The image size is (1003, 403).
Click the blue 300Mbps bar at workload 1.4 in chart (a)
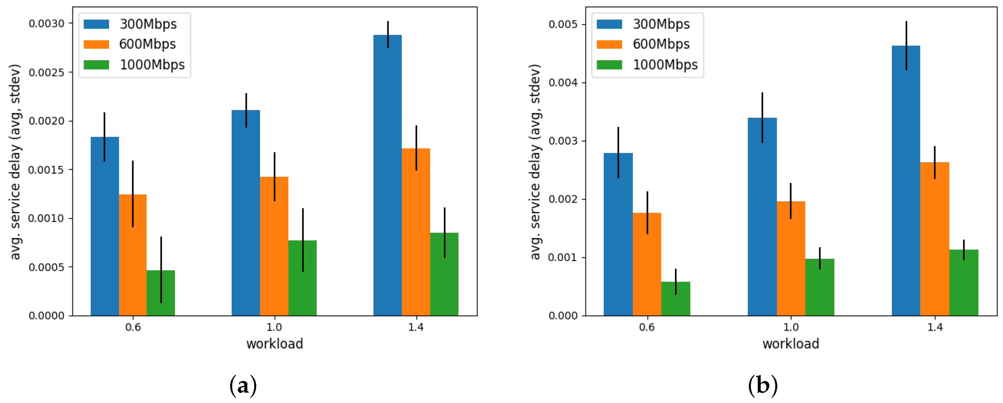387,175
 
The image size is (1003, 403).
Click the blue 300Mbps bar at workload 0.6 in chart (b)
618,234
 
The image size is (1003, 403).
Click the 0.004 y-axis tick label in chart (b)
563,82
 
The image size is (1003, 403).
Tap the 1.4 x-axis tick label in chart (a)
416,327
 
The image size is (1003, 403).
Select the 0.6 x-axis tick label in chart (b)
647,327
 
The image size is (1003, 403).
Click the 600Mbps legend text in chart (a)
148,44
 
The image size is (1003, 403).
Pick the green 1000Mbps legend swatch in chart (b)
609,65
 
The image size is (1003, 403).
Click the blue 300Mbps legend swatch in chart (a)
96,24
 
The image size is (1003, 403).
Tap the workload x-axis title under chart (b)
790,344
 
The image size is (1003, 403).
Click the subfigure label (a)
243,386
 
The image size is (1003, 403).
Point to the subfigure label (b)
763,386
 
